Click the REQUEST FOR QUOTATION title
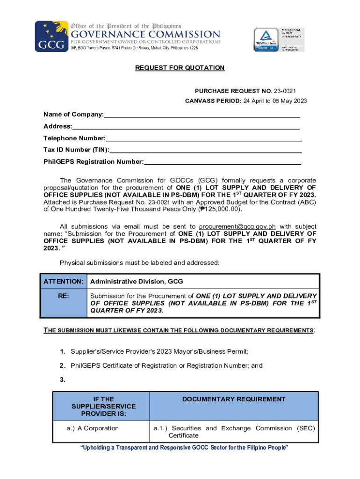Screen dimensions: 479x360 coord(180,68)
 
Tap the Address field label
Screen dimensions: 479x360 coord(58,126)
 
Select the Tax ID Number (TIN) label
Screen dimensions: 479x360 coord(76,150)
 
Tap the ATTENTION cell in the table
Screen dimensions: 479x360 coord(64,281)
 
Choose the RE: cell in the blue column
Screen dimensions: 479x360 coord(64,296)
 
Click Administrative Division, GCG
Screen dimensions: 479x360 coord(137,281)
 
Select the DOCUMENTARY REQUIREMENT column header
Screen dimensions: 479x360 coord(234,399)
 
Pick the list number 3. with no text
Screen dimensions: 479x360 coord(62,379)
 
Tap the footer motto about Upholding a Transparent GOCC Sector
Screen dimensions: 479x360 coord(184,448)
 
